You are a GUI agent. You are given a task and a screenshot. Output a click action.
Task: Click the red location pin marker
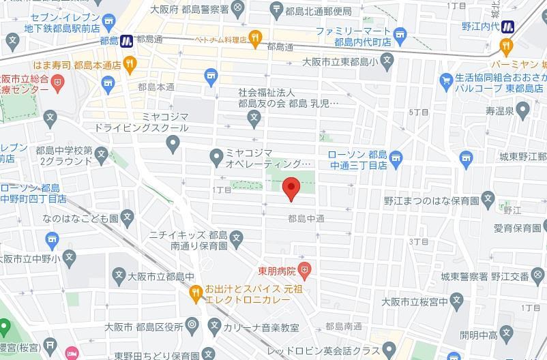[x=291, y=187]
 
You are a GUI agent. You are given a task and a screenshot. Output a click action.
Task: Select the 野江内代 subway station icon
[x=508, y=27]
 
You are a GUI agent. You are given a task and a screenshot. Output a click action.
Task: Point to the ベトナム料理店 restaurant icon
[x=255, y=37]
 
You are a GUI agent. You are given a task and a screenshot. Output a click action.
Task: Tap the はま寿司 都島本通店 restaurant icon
[x=130, y=63]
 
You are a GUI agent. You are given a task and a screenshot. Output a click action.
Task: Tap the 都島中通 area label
[x=306, y=219]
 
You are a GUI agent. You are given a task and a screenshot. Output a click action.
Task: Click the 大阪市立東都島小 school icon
[x=387, y=61]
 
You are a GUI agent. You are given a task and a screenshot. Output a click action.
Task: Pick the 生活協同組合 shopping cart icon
[x=446, y=78]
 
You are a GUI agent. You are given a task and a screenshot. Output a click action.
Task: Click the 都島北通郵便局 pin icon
[x=276, y=9]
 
